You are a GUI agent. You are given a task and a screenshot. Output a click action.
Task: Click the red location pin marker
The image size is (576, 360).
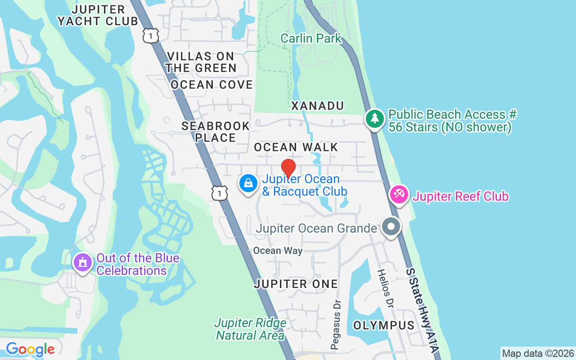[288, 168]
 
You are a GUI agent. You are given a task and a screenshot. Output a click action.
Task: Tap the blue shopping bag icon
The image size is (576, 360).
[248, 184]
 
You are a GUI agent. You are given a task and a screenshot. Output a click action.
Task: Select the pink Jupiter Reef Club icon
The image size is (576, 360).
[399, 194]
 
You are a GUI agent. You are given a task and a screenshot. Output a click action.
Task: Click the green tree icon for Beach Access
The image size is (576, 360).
[374, 119]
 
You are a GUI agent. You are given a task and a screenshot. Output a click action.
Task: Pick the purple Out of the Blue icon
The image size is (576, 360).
[83, 262]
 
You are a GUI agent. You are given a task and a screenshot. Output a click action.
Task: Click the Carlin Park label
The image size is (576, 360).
[311, 38]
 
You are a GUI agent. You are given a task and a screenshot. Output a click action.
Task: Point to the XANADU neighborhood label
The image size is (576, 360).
[317, 106]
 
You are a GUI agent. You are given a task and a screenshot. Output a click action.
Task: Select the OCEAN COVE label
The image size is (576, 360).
[211, 85]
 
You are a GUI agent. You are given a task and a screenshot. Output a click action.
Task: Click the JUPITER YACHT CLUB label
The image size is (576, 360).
[98, 15]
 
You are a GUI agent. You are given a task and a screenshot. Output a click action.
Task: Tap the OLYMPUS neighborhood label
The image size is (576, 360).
[384, 325]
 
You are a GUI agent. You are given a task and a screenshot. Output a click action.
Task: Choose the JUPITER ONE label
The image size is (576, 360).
[296, 284]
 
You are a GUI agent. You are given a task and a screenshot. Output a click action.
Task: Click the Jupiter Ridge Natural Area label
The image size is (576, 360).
[250, 329]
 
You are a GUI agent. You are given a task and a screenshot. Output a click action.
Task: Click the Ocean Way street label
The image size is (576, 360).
[278, 251]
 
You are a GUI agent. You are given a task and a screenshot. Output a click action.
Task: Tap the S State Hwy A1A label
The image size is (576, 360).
[422, 310]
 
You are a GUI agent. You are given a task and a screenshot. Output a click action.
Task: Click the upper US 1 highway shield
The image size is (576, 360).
[151, 35]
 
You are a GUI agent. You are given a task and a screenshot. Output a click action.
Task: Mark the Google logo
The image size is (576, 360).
[30, 349]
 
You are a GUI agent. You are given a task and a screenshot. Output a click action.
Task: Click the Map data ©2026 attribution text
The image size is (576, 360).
[538, 353]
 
